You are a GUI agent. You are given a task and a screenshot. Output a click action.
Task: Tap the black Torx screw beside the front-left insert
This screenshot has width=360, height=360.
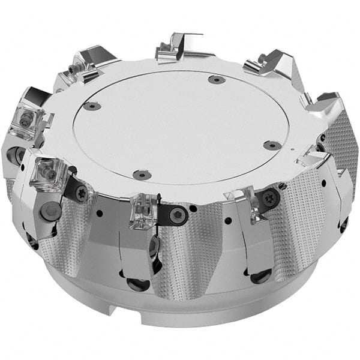(80, 193)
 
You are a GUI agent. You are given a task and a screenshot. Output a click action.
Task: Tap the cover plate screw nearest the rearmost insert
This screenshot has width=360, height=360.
(216, 79)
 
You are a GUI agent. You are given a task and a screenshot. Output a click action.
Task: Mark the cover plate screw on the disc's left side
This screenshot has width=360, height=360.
(92, 106)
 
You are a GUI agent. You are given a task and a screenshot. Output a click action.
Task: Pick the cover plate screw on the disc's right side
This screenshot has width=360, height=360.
(272, 145)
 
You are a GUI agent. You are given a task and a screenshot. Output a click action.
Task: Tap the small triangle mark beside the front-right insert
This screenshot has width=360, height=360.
(227, 196)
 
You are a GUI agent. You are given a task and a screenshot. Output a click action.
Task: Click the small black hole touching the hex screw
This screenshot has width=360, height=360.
(193, 209)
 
